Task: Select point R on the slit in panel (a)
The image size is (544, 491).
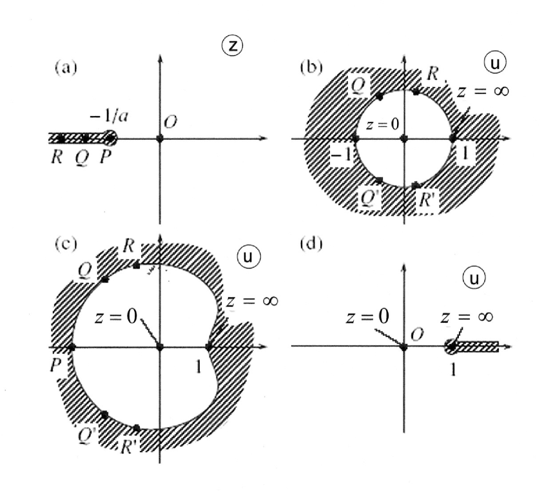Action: pos(61,138)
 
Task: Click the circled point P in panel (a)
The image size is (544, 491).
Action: pos(110,137)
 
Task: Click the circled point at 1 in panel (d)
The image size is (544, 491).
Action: pos(452,347)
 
